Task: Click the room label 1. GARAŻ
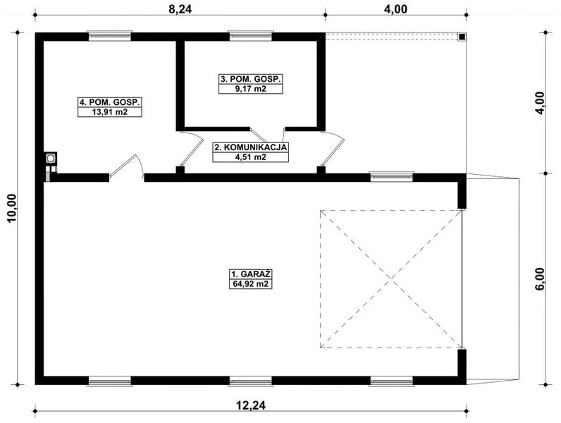(251, 274)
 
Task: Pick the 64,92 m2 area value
(251, 284)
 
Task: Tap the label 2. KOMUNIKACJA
(250, 147)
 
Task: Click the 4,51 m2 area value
(250, 157)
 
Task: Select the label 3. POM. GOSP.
(250, 80)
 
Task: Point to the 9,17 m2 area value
(250, 90)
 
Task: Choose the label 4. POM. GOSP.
(110, 102)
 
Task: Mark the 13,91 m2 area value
(110, 112)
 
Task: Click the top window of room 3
(251, 34)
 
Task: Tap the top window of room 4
(109, 34)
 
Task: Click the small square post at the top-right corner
(461, 37)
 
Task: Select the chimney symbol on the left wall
(51, 159)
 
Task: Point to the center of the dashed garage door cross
(390, 278)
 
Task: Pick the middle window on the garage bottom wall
(251, 381)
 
